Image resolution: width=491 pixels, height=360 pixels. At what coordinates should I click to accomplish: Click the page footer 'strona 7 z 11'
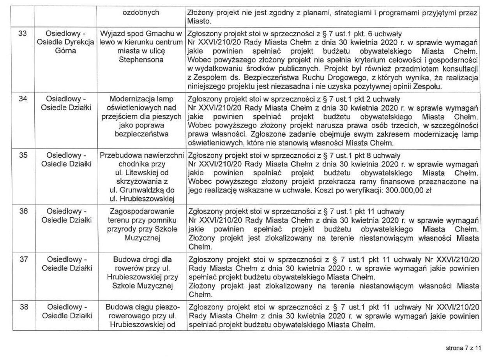463,348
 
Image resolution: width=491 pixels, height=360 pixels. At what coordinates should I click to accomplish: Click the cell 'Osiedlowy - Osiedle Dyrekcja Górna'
65,42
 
